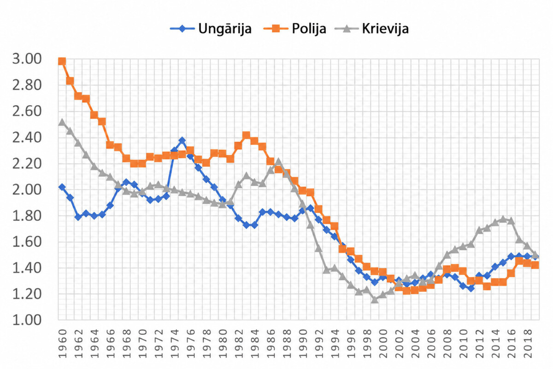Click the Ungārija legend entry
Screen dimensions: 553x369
(211, 29)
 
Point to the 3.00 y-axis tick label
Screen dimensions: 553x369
(27, 59)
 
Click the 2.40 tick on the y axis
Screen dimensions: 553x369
(27, 137)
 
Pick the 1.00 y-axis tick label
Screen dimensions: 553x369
(27, 320)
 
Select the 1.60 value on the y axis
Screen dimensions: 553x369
(27, 242)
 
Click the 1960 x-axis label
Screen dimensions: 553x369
(63, 344)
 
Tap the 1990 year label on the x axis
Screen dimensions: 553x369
(303, 344)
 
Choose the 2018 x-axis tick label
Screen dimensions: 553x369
(528, 344)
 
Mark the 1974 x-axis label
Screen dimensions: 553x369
(175, 344)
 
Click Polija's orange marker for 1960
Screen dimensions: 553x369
(62, 61)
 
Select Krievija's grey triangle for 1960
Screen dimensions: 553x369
(62, 122)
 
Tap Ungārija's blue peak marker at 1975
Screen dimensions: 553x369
(182, 140)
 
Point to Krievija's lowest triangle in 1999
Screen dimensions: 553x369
(375, 299)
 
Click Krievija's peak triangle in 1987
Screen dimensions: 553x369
(278, 162)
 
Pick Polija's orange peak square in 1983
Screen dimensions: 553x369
(247, 135)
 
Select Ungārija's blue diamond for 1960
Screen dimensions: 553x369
(62, 187)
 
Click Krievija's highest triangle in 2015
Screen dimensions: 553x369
(503, 219)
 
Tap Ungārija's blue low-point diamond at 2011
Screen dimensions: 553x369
(471, 288)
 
